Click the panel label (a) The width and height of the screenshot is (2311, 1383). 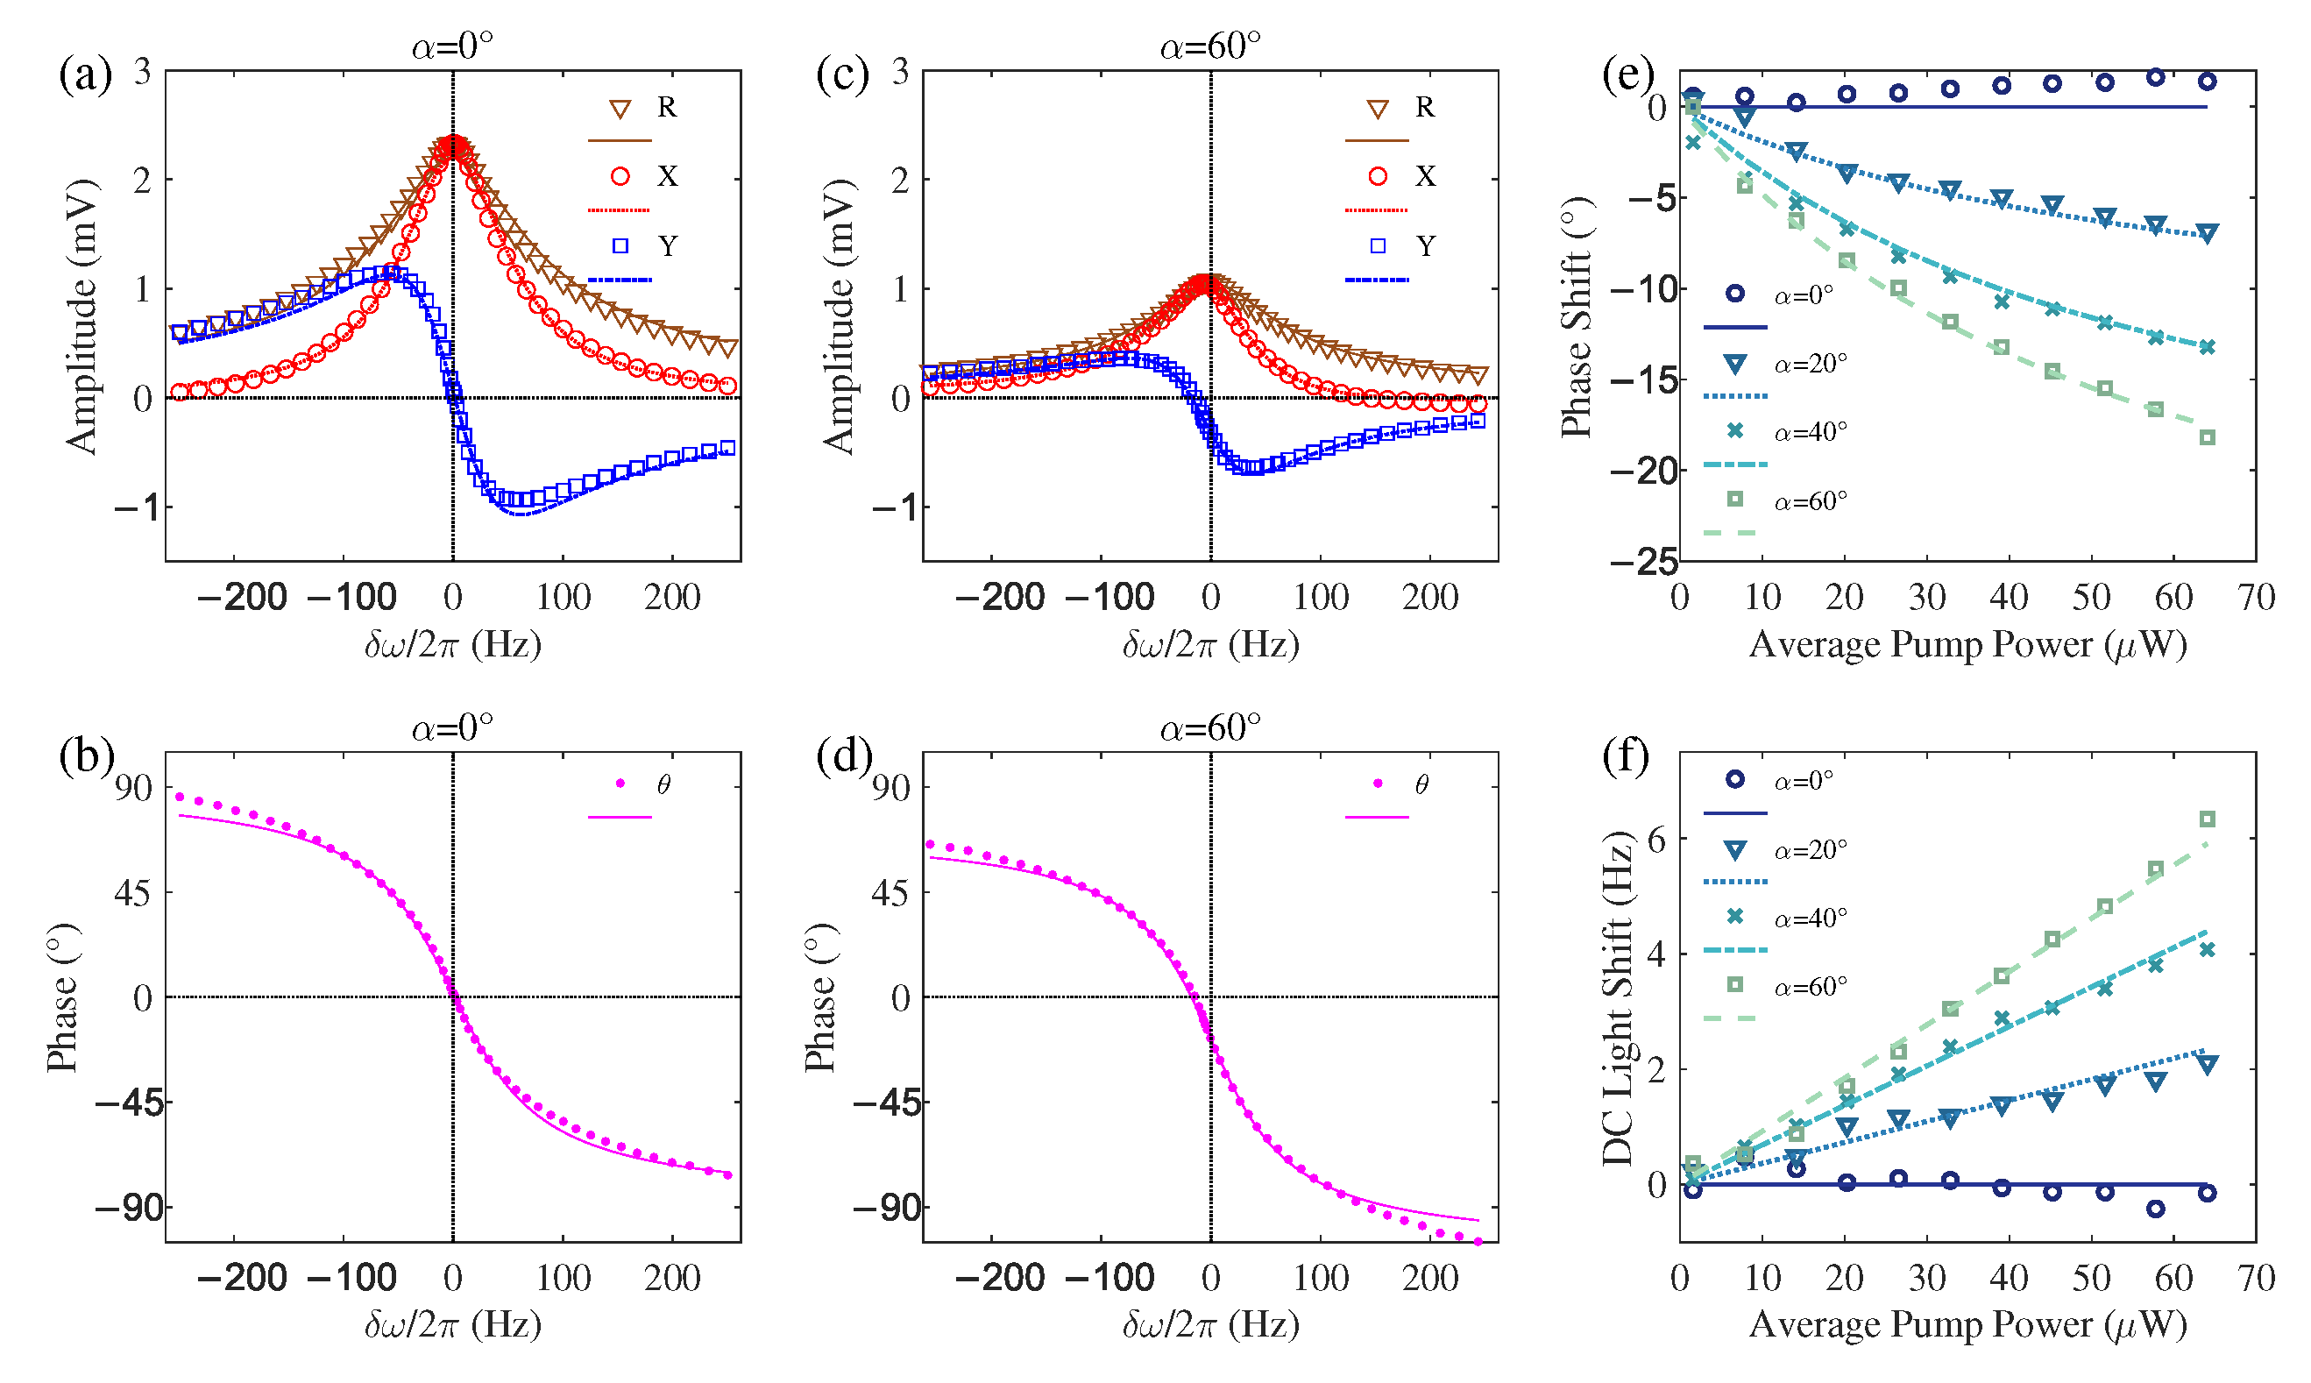[85, 74]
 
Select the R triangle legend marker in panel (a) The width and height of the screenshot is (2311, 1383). [620, 109]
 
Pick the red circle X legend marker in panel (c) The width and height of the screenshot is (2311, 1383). [1379, 176]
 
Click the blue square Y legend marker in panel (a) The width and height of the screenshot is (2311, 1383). [620, 246]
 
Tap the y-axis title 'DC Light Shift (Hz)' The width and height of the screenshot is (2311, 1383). [1618, 997]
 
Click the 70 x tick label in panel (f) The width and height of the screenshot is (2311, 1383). [2256, 1278]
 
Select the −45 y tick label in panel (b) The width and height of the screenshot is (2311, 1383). [130, 1103]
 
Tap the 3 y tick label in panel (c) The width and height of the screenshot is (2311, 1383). [900, 71]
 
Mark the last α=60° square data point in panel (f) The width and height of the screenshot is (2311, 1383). [2207, 819]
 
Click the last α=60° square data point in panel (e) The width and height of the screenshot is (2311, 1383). [2207, 438]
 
